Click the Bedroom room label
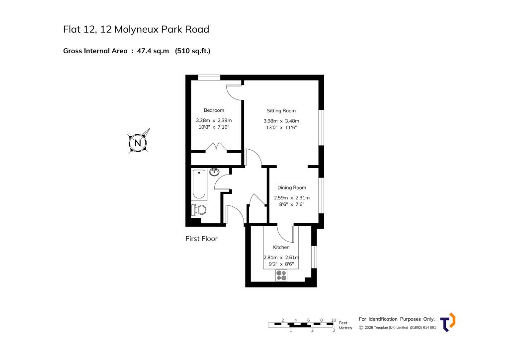(x=214, y=110)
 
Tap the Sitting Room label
(x=281, y=111)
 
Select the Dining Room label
(x=292, y=187)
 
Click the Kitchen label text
(x=281, y=247)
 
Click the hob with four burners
(x=281, y=275)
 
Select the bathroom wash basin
(x=214, y=173)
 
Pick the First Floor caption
(x=201, y=239)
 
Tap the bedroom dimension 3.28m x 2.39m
(x=214, y=120)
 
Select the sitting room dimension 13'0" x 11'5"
(x=281, y=128)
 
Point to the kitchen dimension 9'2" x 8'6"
(x=281, y=264)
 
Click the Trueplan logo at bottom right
(x=448, y=322)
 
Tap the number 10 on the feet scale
(x=334, y=320)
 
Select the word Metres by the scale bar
(x=345, y=328)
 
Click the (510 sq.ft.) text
(x=193, y=50)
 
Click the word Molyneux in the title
(x=137, y=29)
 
